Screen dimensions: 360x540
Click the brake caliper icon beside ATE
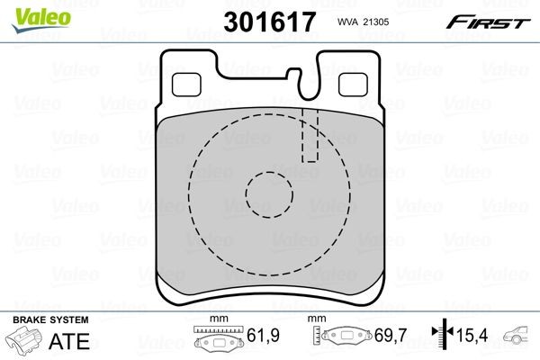click(25, 342)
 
